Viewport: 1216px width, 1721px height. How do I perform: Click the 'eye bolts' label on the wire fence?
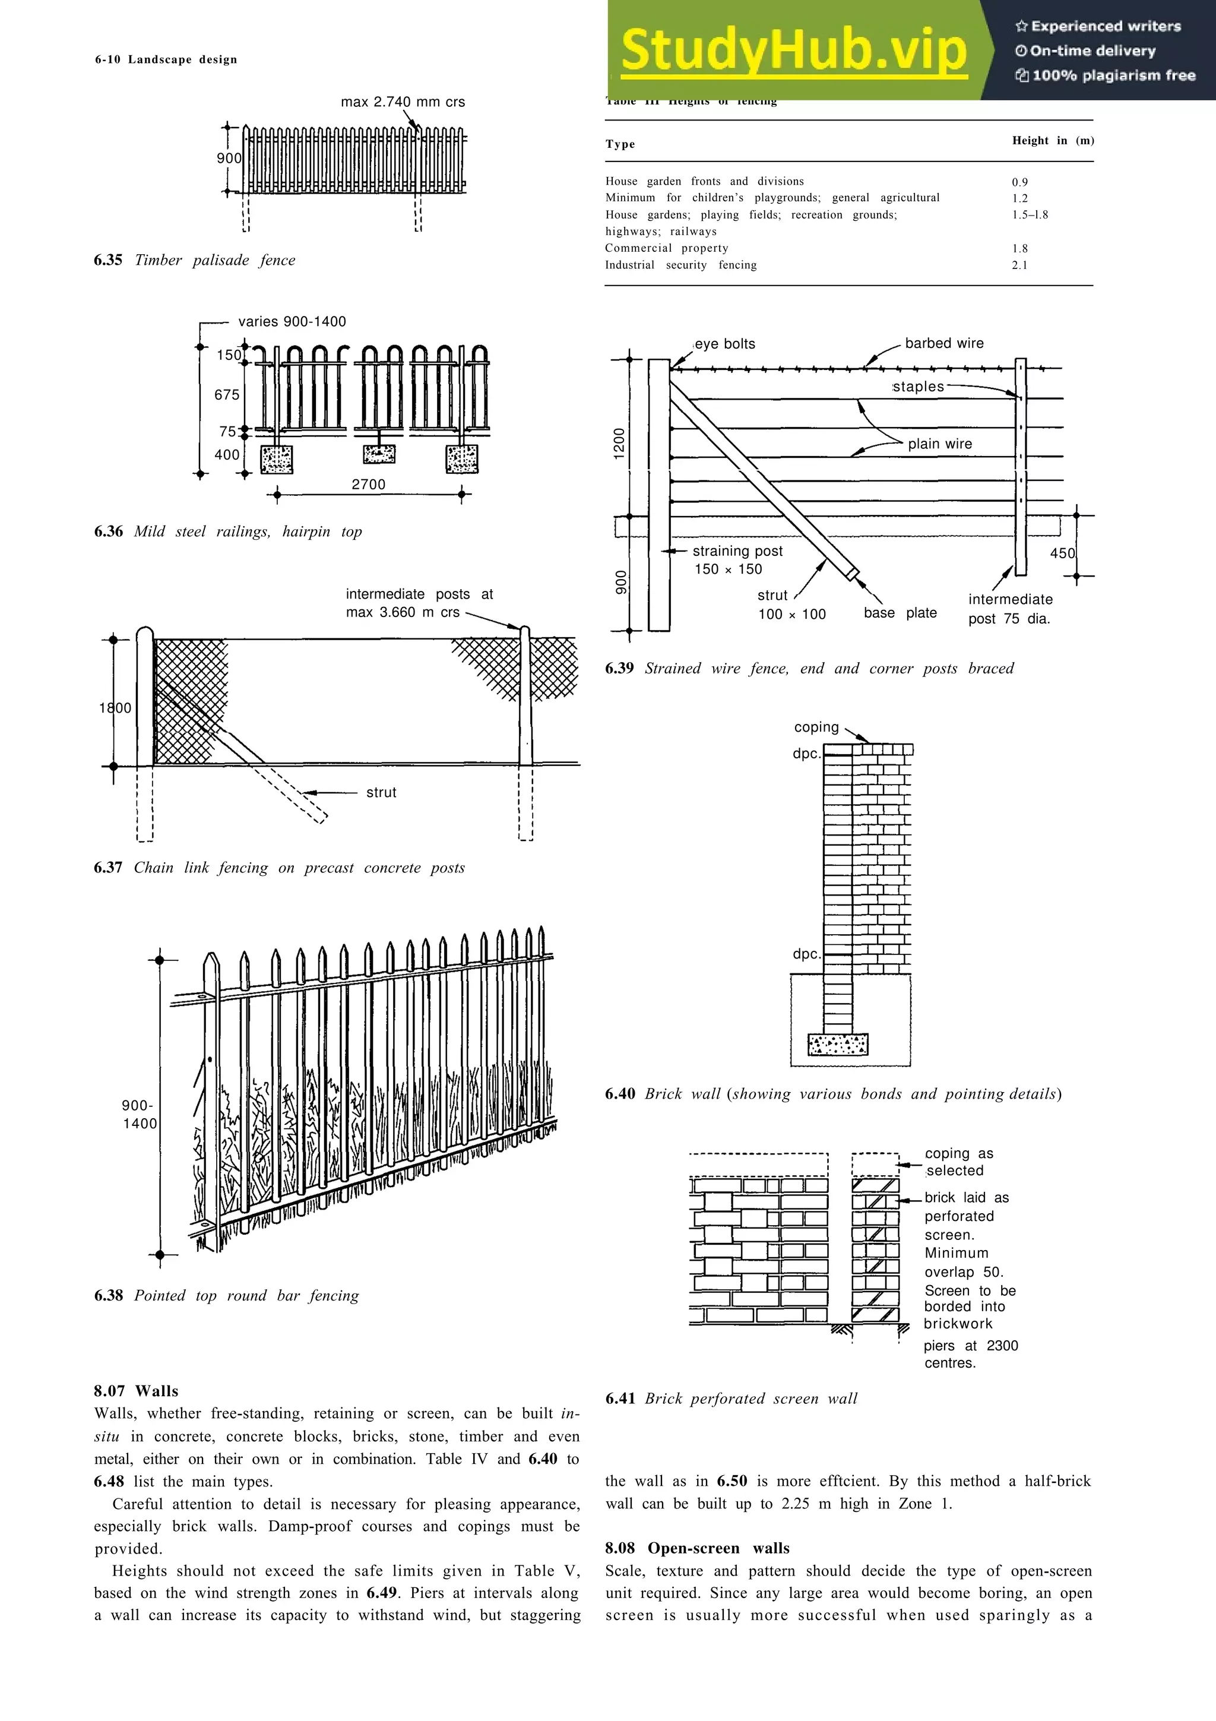point(724,344)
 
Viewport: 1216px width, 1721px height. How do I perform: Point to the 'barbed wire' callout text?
point(944,343)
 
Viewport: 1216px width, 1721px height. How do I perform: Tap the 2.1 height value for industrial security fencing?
point(1019,265)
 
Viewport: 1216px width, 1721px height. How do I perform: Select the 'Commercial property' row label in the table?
point(666,248)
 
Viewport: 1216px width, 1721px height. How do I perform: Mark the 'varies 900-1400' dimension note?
point(292,321)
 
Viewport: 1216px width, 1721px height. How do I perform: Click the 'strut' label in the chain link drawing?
point(381,792)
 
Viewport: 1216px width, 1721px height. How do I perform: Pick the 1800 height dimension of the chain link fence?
point(115,708)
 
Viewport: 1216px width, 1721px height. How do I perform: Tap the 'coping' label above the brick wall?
point(816,727)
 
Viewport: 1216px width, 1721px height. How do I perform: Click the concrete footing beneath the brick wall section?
point(838,1044)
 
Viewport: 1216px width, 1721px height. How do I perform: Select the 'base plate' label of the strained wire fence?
point(900,613)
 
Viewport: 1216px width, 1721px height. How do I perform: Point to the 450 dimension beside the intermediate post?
point(1062,553)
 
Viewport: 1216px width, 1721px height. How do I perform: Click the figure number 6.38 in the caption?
point(109,1295)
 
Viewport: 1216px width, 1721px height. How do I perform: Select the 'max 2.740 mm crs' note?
point(403,102)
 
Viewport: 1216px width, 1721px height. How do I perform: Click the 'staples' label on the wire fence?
point(918,387)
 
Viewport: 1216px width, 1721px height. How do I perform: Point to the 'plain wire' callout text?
point(939,444)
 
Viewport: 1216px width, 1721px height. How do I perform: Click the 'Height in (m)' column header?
point(1053,141)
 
